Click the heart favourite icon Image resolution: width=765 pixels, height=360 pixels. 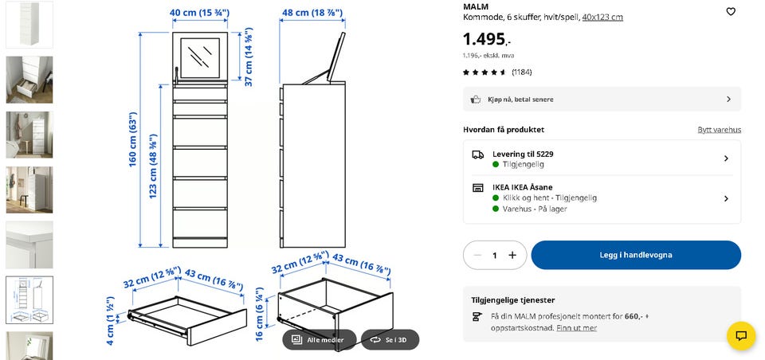pyautogui.click(x=731, y=12)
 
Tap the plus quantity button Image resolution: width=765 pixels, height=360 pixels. pyautogui.click(x=512, y=255)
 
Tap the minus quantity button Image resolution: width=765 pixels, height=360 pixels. pyautogui.click(x=477, y=255)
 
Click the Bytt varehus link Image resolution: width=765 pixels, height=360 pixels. pyautogui.click(x=719, y=130)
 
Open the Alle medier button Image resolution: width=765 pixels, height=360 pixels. pyautogui.click(x=319, y=339)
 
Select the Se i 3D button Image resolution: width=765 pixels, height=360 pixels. pyautogui.click(x=390, y=339)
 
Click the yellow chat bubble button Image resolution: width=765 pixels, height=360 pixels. pyautogui.click(x=741, y=335)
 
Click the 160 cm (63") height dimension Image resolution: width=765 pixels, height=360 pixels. pyautogui.click(x=133, y=139)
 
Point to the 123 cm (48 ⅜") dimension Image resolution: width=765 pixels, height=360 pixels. pyautogui.click(x=153, y=166)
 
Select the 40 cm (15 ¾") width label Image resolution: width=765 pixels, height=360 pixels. pyautogui.click(x=199, y=13)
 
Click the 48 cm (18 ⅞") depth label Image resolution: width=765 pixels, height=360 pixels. pyautogui.click(x=312, y=13)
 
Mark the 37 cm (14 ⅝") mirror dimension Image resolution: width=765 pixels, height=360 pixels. pyautogui.click(x=249, y=57)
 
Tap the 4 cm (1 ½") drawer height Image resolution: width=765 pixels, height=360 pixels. pyautogui.click(x=110, y=320)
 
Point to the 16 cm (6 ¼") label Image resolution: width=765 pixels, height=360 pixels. pyautogui.click(x=260, y=314)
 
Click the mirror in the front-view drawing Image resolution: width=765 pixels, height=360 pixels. pyautogui.click(x=200, y=57)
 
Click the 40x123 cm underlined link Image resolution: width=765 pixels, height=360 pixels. pyautogui.click(x=602, y=18)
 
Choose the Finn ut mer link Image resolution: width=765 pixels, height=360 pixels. pyautogui.click(x=577, y=328)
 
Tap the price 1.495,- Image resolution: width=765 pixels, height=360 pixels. pyautogui.click(x=487, y=38)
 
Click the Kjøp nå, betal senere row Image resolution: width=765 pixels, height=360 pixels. pyautogui.click(x=602, y=99)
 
